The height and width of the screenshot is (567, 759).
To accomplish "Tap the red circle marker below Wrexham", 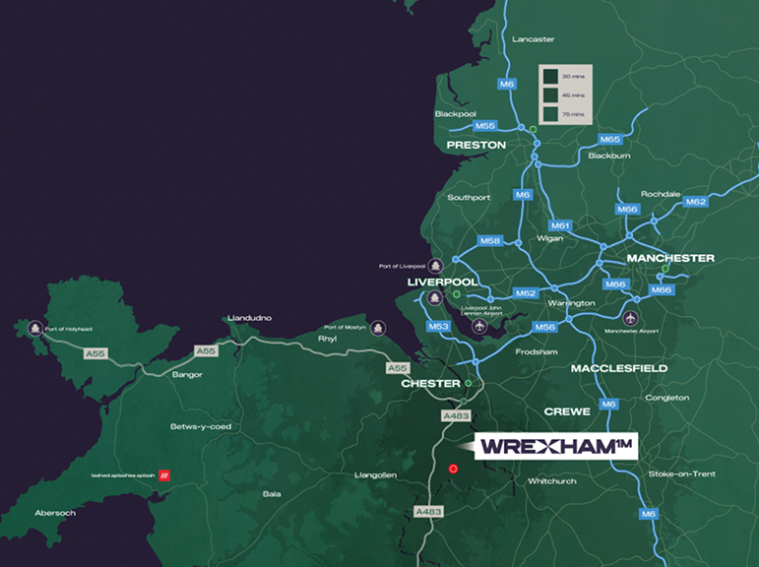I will tap(453, 470).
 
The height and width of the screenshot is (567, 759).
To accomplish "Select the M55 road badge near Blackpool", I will tap(485, 126).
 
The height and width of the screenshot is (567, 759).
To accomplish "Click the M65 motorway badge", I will tap(609, 140).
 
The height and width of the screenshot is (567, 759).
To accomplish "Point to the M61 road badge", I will tap(561, 225).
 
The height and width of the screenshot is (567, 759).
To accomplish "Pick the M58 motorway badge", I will tap(490, 241).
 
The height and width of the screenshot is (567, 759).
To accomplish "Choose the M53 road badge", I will tap(438, 326).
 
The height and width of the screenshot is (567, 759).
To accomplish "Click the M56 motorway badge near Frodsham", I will tap(545, 326).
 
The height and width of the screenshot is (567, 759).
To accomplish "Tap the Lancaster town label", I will tap(534, 39).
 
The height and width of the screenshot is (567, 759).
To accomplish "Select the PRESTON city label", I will tap(475, 145).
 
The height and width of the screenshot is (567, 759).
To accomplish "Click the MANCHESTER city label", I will tap(670, 258).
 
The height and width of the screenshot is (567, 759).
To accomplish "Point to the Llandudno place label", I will tap(249, 318).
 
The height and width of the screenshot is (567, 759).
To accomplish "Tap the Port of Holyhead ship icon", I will tap(35, 329).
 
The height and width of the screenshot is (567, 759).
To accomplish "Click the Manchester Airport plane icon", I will tap(631, 318).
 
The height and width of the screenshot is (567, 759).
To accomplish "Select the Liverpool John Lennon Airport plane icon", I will tap(479, 327).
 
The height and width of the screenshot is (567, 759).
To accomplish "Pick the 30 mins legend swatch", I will tap(551, 76).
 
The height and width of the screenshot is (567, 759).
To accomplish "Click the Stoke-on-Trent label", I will tap(682, 473).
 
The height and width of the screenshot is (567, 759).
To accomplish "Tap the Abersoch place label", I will tap(54, 512).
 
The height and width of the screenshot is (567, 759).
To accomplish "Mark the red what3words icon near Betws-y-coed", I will tap(164, 473).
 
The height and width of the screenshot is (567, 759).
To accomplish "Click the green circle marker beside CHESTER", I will tap(469, 383).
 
